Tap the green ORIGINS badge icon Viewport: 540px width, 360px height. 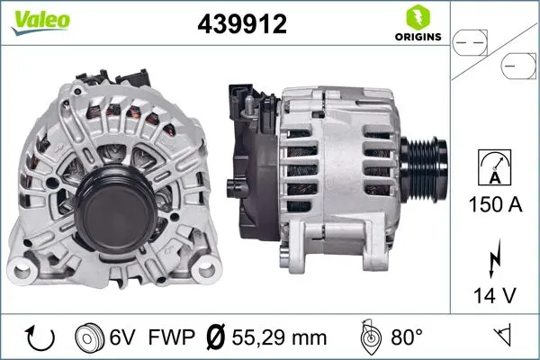tap(417, 16)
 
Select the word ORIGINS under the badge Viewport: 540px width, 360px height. tap(417, 38)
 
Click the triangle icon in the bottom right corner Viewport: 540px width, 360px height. tap(504, 337)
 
